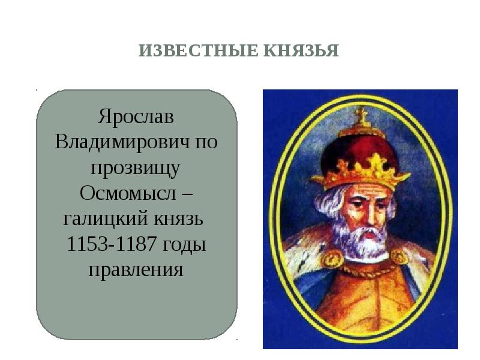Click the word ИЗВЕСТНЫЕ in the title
[199, 50]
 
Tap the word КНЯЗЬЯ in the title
[301, 50]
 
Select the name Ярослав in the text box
[136, 117]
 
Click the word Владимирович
[122, 142]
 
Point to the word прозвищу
[136, 169]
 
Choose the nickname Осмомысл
[128, 193]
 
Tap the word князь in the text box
[178, 219]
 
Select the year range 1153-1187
[112, 244]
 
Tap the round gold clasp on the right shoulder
[400, 257]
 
